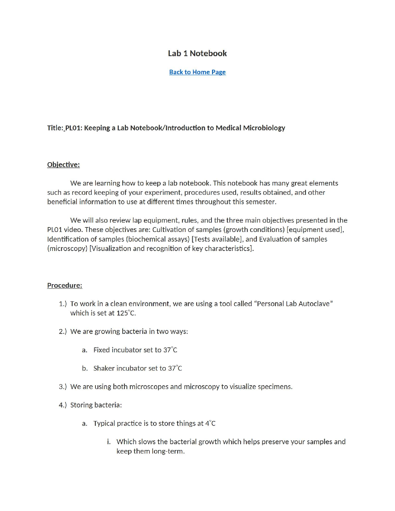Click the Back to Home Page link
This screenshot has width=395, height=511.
pyautogui.click(x=197, y=72)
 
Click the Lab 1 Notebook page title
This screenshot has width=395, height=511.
pyautogui.click(x=197, y=54)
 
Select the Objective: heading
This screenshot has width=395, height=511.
pyautogui.click(x=63, y=165)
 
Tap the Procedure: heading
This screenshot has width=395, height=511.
pyautogui.click(x=65, y=285)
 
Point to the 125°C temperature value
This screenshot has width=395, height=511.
pyautogui.click(x=126, y=313)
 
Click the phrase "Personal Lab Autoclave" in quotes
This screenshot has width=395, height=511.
pyautogui.click(x=293, y=304)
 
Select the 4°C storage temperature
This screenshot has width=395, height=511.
pyautogui.click(x=210, y=423)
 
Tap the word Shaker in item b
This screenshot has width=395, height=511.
pyautogui.click(x=104, y=368)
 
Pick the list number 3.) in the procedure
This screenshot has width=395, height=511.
pyautogui.click(x=63, y=386)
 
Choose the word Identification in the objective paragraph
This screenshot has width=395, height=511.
pyautogui.click(x=68, y=239)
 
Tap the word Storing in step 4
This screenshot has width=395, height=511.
pyautogui.click(x=81, y=405)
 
